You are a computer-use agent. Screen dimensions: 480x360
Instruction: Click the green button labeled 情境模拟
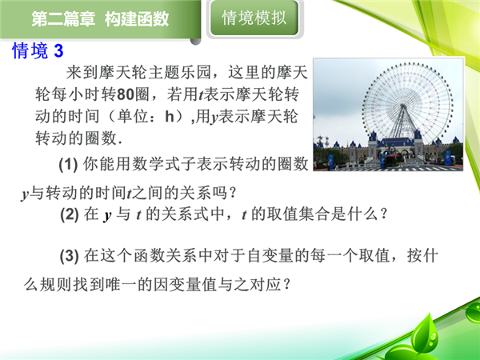[x=254, y=18]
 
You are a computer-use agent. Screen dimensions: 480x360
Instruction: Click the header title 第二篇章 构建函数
[x=100, y=19]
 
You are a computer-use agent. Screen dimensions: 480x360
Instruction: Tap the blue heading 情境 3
[x=38, y=50]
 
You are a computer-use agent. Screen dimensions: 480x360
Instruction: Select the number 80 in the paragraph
[x=126, y=94]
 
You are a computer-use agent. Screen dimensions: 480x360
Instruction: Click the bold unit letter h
[x=170, y=117]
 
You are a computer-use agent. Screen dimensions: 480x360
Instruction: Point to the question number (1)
[x=68, y=164]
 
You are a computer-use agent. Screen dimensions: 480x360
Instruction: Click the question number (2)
[x=70, y=214]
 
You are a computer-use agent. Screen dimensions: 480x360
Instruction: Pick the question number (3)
[x=70, y=256]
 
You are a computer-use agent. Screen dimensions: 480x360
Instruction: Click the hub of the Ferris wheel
[x=403, y=107]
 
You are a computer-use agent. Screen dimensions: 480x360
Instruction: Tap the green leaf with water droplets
[x=426, y=334]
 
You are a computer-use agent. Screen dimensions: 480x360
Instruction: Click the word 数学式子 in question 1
[x=164, y=164]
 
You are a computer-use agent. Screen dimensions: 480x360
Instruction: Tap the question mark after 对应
[x=286, y=285]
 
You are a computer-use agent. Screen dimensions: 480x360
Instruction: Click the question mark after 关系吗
[x=233, y=193]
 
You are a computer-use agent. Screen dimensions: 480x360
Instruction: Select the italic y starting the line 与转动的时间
[x=25, y=194]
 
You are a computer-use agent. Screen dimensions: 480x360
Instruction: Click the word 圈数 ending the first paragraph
[x=102, y=138]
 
